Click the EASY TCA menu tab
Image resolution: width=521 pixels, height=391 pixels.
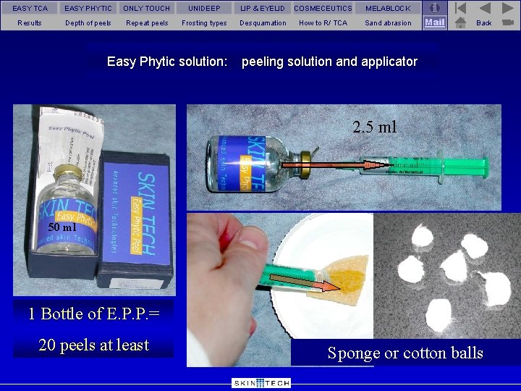pos(30,8)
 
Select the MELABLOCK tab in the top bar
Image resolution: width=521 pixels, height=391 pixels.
pos(388,8)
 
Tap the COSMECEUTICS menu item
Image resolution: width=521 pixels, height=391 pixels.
pos(323,8)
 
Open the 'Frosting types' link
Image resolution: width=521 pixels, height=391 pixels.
pos(204,23)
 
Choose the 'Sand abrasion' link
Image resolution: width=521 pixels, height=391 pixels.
pos(388,23)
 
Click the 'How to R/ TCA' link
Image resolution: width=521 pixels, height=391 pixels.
pos(323,23)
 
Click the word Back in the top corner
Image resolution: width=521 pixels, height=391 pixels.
pos(484,23)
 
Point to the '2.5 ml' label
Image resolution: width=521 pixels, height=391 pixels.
pos(375,127)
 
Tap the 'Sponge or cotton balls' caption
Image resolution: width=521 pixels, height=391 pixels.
pos(405,353)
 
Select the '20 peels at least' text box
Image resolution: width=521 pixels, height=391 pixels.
pos(94,345)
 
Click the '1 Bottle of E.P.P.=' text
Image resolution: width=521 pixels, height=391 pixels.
pos(94,314)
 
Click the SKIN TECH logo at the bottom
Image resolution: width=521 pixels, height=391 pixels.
pos(261,383)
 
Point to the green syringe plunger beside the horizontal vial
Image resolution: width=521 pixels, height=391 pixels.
pos(463,169)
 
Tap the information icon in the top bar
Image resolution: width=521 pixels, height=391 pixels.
pos(434,8)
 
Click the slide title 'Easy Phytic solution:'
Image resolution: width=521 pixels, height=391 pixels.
pos(167,62)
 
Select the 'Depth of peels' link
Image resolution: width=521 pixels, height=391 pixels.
pos(88,23)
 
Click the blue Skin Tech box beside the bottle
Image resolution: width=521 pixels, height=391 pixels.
pos(136,217)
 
